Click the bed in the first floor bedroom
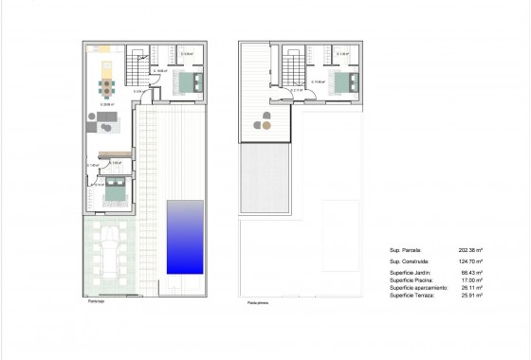[x=339, y=81]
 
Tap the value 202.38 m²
[x=470, y=250]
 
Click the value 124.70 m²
[x=470, y=261]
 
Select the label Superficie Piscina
[x=411, y=280]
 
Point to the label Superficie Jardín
[x=410, y=273]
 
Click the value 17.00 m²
[x=472, y=280]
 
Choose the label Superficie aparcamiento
[x=416, y=288]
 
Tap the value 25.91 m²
[x=472, y=296]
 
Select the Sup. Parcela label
[x=405, y=250]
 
